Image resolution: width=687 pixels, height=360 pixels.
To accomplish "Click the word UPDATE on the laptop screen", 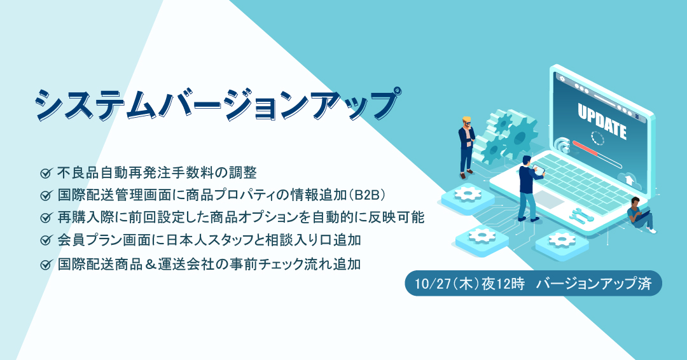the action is coord(602,121).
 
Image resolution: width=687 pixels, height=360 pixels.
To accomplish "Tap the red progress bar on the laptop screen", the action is coord(585,148).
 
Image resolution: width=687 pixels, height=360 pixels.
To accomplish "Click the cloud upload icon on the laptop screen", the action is coord(629,179).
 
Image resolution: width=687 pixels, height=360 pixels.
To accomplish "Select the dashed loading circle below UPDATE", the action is coord(597,137).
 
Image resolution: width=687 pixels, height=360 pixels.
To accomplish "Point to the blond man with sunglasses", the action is coord(467,147).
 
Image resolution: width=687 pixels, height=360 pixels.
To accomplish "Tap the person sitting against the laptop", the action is coord(641,214).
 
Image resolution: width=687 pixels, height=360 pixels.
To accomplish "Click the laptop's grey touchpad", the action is coord(548,199).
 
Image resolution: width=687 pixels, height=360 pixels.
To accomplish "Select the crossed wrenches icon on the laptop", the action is coord(581,214).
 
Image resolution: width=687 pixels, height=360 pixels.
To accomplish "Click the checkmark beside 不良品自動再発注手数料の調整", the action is coord(46,173).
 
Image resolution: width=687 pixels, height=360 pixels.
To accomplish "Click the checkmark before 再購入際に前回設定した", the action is coord(46,218).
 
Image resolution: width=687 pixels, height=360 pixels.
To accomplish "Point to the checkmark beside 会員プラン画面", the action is coord(46,240).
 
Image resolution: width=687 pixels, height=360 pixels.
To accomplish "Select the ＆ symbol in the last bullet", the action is coord(150,264).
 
